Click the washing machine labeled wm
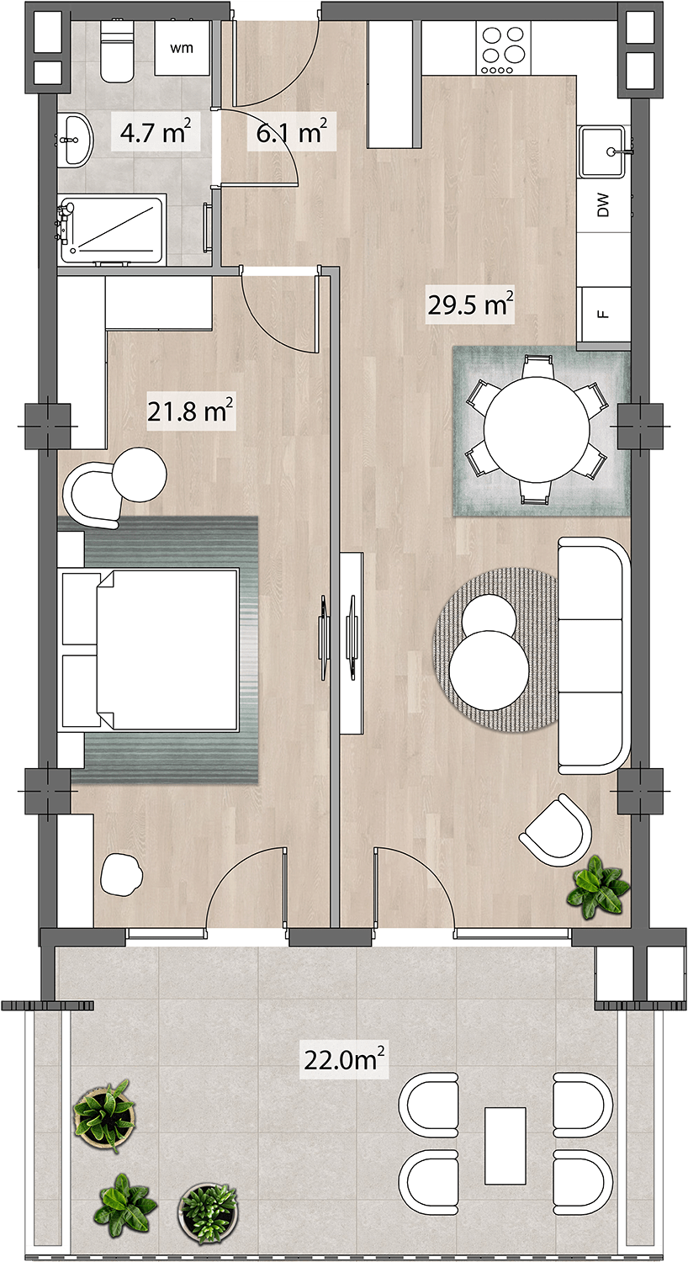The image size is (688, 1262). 182,48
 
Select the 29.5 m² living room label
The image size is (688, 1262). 470,305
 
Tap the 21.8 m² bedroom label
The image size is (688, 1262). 190,412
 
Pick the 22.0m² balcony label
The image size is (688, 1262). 344,1060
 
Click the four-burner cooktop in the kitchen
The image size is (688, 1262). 505,48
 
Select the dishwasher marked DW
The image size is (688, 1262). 604,205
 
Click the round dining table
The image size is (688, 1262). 537,430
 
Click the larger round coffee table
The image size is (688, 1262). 489,671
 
